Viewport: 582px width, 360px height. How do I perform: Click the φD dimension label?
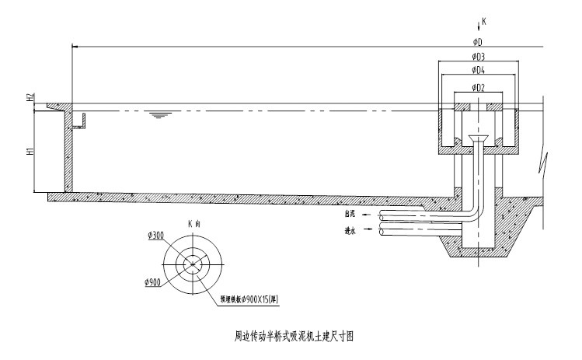pyautogui.click(x=479, y=40)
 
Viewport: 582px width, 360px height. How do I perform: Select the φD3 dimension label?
pyautogui.click(x=479, y=57)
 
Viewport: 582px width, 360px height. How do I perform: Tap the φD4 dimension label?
pyautogui.click(x=479, y=72)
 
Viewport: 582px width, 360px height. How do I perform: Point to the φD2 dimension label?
pyautogui.click(x=479, y=87)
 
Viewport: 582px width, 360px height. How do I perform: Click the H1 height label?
pyautogui.click(x=30, y=152)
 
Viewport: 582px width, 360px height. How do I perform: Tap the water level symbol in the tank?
pyautogui.click(x=160, y=115)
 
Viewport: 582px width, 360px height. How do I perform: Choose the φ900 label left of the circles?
pyautogui.click(x=153, y=282)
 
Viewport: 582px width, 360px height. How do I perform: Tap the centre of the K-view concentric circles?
pyautogui.click(x=193, y=265)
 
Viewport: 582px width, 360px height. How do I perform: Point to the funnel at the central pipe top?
pyautogui.click(x=479, y=140)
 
